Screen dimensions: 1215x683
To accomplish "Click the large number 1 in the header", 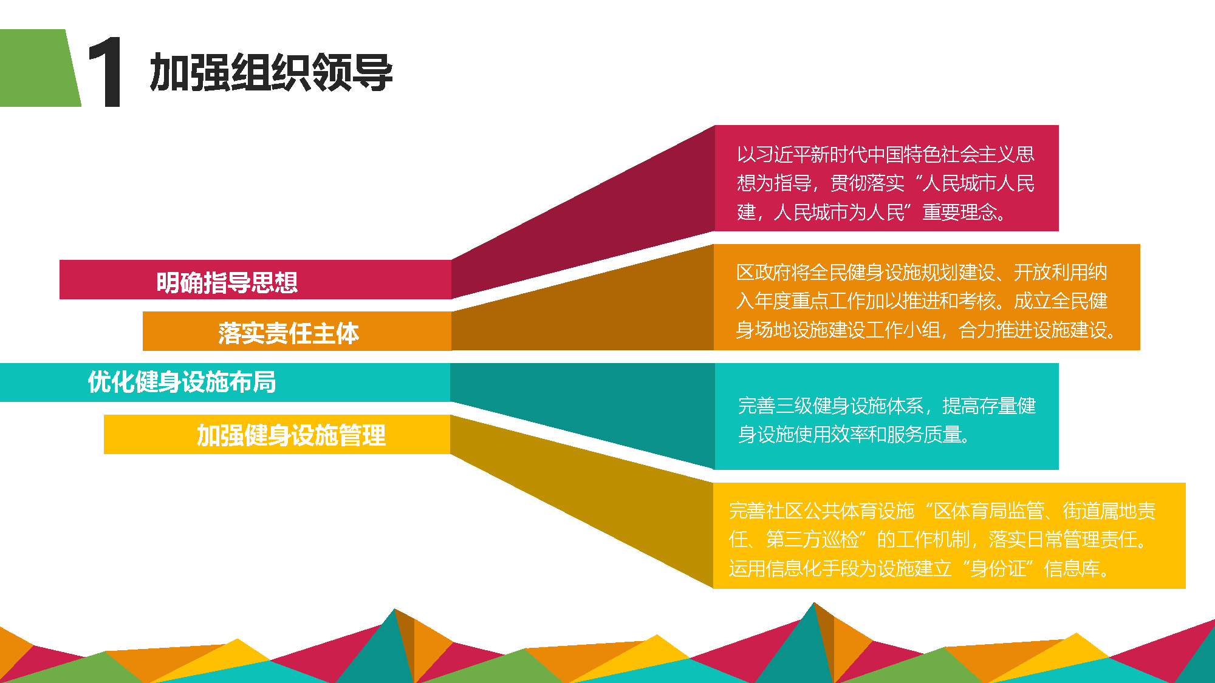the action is click(x=106, y=72).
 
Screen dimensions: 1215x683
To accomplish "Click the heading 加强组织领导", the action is click(x=271, y=72).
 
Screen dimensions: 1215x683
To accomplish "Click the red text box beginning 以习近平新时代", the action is click(x=886, y=178).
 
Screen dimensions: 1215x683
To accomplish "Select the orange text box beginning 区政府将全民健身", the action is click(x=926, y=297).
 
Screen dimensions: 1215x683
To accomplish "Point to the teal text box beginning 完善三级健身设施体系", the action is click(x=886, y=416).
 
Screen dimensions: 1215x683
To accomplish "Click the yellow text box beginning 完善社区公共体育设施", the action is click(x=949, y=535).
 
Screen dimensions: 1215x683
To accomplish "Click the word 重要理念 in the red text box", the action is click(x=960, y=212).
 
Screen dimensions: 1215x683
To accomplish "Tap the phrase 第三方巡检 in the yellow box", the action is click(x=813, y=539).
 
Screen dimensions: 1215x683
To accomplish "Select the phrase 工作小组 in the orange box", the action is click(x=903, y=330).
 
